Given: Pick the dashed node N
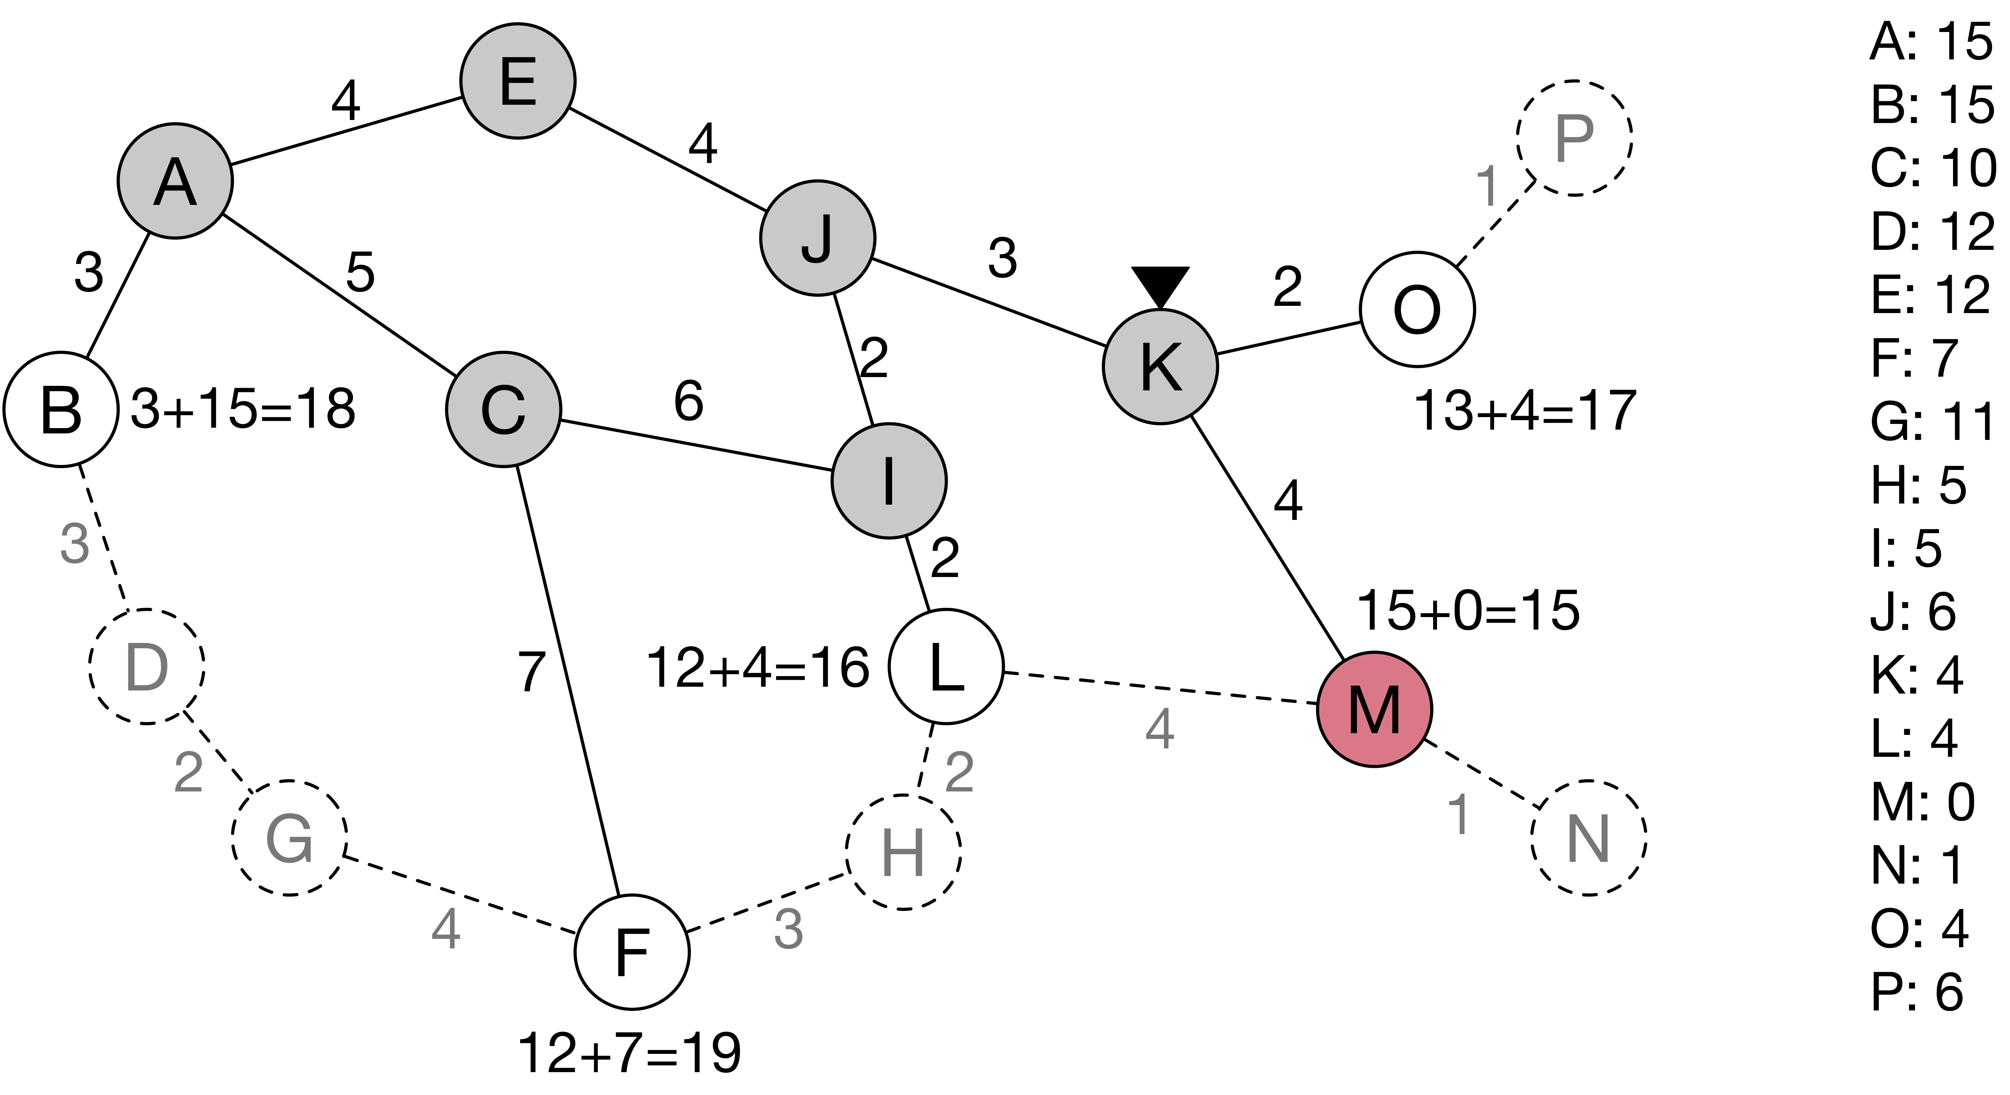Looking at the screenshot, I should tap(1589, 838).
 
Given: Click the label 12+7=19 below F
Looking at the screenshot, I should tap(629, 1053).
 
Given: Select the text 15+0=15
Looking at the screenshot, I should tap(1469, 610).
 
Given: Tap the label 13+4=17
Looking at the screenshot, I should tap(1525, 411).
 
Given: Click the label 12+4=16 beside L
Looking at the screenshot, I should tap(758, 668).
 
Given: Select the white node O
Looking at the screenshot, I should tap(1417, 309).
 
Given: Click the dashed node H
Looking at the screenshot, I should tap(904, 852).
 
